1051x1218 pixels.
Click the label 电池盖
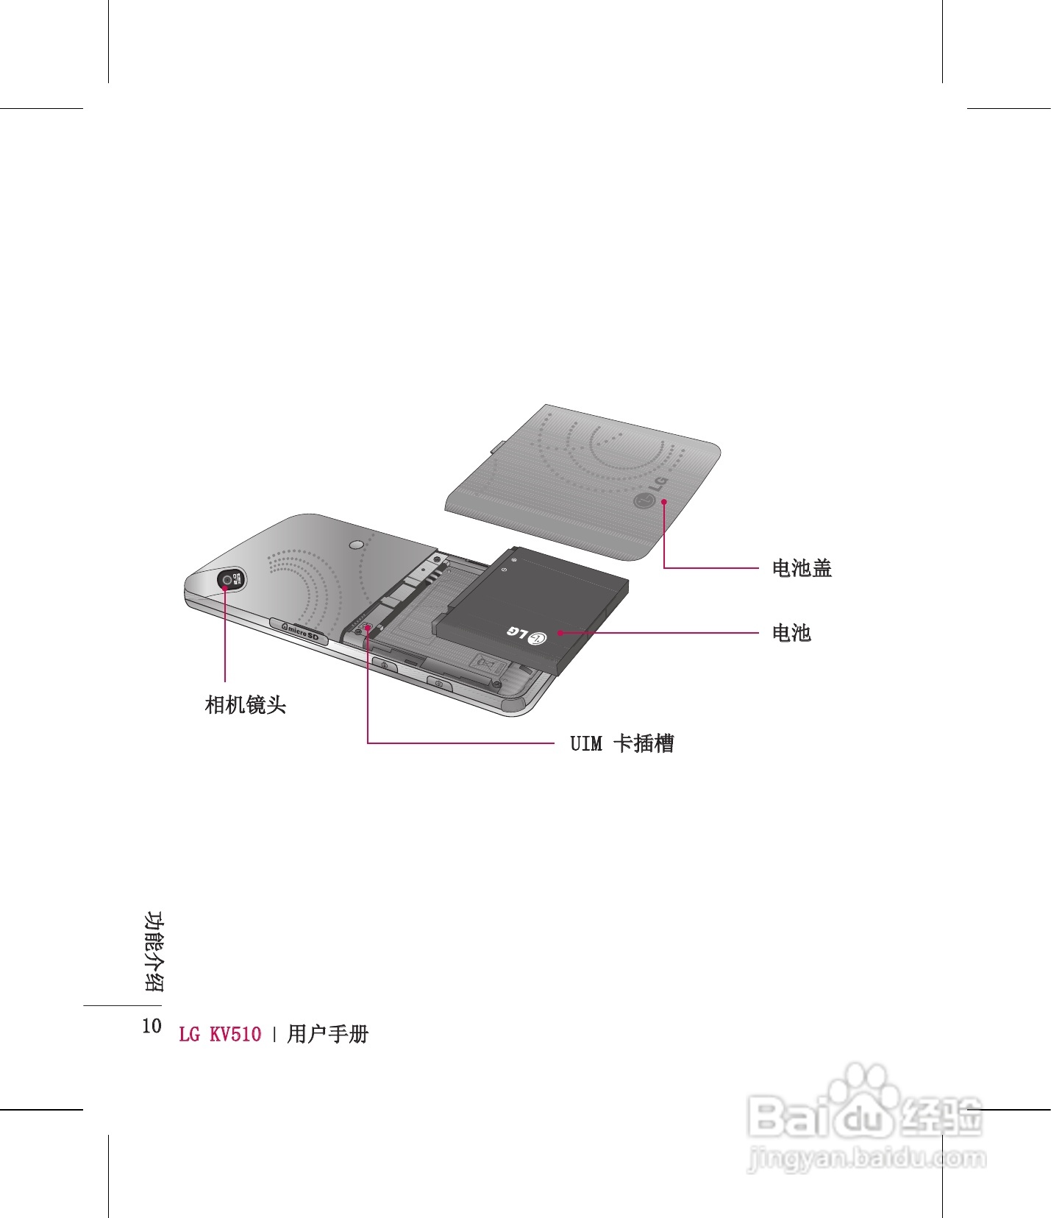click(802, 568)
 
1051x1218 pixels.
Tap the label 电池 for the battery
click(791, 633)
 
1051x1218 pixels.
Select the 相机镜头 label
click(246, 705)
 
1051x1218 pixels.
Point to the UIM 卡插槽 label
click(622, 743)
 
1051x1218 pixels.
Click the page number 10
click(152, 1027)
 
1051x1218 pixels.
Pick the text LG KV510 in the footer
click(220, 1034)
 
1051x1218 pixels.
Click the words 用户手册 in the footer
click(328, 1034)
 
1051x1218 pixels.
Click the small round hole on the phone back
click(357, 545)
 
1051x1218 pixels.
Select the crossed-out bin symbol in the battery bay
click(487, 665)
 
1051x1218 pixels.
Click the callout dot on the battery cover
click(664, 501)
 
